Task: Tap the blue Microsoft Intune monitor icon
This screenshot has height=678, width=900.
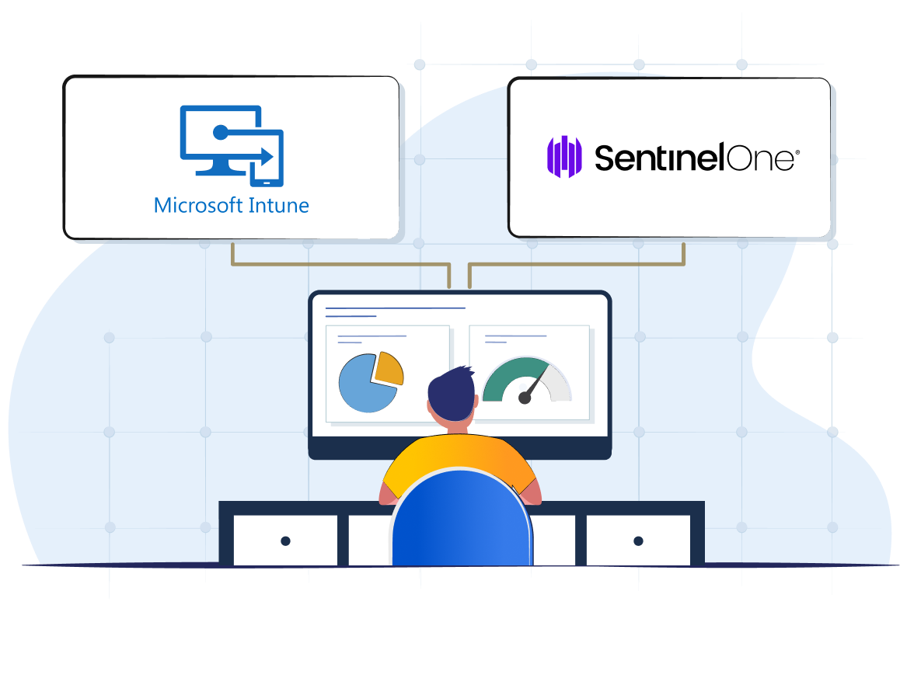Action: [x=231, y=145]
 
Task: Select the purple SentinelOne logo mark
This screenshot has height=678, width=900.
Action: [x=564, y=157]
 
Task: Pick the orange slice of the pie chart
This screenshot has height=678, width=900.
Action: [x=389, y=369]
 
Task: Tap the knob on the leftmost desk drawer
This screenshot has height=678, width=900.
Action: [x=285, y=541]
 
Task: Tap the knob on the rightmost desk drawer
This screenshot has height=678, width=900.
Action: [x=638, y=541]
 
